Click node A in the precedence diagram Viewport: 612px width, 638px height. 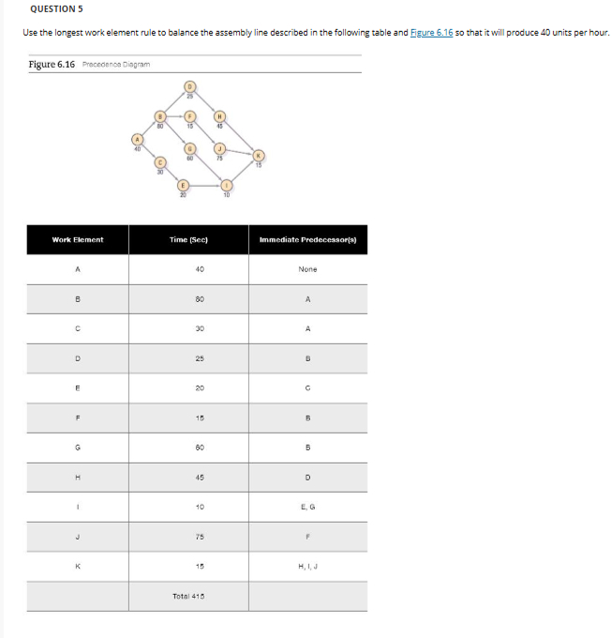click(139, 139)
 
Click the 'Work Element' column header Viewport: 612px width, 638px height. click(78, 240)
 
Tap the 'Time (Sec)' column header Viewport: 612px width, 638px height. click(188, 240)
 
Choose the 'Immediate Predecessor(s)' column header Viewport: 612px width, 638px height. click(307, 240)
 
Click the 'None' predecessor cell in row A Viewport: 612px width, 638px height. click(307, 269)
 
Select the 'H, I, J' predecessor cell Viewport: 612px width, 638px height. click(307, 566)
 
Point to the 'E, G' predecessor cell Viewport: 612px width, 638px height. click(307, 507)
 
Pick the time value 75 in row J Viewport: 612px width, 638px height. click(188, 537)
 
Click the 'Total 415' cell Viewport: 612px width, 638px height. click(188, 596)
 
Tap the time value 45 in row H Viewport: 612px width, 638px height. click(188, 477)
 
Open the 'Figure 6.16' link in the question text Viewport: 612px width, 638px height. click(432, 33)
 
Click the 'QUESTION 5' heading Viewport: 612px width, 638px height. click(54, 8)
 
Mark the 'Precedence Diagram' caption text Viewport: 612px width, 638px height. click(115, 65)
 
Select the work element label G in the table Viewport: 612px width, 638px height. click(78, 448)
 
